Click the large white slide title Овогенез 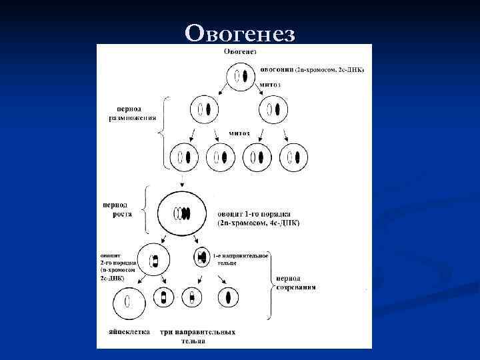coord(239,33)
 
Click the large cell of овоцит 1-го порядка coord(181,215)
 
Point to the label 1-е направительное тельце coord(241,259)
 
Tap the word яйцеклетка coord(129,332)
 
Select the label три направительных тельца coord(197,336)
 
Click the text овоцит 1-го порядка coord(257,215)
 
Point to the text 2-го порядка coord(119,263)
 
